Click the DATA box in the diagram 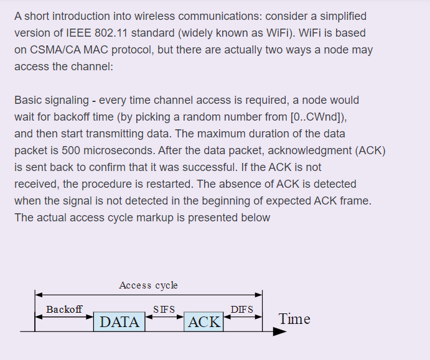119,321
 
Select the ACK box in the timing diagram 204,321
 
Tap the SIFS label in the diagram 164,309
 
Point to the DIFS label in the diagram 242,309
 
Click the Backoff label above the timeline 63,309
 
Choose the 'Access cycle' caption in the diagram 148,285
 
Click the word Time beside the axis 294,319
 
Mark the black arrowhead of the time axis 280,331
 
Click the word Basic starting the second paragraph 28,100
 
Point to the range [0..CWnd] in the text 321,117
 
